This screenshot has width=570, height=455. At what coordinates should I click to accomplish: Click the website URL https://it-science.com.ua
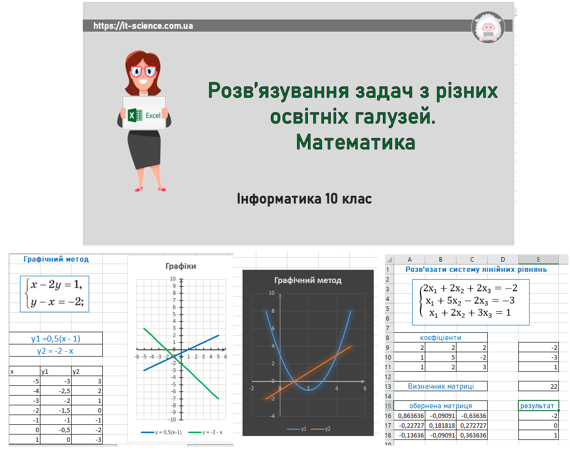143,26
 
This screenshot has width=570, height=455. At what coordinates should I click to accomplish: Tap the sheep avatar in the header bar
488,27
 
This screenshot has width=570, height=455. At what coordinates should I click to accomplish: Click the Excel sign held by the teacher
144,113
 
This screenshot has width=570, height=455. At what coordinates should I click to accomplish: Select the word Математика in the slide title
356,142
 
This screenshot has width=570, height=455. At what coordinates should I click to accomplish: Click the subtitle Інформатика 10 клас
304,199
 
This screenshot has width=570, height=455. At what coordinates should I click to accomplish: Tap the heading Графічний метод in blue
56,259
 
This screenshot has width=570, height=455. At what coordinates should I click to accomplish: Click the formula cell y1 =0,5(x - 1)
56,339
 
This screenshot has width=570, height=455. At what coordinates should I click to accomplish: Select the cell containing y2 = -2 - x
56,351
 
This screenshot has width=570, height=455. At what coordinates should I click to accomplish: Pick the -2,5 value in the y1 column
56,391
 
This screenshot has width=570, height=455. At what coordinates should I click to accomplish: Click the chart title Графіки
181,266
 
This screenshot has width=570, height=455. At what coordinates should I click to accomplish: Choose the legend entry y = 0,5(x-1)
161,432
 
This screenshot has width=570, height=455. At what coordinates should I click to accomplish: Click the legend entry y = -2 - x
205,432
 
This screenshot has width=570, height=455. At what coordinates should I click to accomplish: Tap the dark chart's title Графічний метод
308,280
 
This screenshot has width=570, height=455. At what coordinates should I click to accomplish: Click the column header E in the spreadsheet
538,259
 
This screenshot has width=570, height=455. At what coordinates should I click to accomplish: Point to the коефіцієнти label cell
440,337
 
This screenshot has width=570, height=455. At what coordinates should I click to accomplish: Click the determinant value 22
538,386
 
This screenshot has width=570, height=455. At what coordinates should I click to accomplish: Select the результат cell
538,406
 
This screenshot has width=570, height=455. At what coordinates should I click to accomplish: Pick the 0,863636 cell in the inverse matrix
410,416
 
